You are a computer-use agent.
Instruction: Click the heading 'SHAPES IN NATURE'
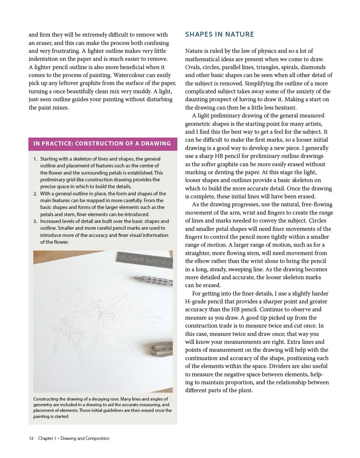pyautogui.click(x=219, y=34)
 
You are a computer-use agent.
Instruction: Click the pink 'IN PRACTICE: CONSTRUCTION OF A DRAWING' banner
pyautogui.click(x=102, y=144)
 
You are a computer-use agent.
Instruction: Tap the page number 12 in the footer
pyautogui.click(x=31, y=438)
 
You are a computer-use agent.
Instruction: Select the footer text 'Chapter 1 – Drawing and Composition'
pyautogui.click(x=74, y=438)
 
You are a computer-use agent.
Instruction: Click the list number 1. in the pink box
pyautogui.click(x=35, y=159)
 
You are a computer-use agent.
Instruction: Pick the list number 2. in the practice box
pyautogui.click(x=35, y=194)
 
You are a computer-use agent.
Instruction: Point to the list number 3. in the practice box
pyautogui.click(x=35, y=221)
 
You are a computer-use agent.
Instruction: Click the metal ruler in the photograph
pyautogui.click(x=146, y=260)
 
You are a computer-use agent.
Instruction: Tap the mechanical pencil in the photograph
pyautogui.click(x=153, y=281)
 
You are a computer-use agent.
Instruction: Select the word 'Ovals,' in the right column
pyautogui.click(x=193, y=67)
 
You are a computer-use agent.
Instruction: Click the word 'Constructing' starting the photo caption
pyautogui.click(x=47, y=399)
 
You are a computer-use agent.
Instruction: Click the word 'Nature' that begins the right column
pyautogui.click(x=194, y=51)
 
